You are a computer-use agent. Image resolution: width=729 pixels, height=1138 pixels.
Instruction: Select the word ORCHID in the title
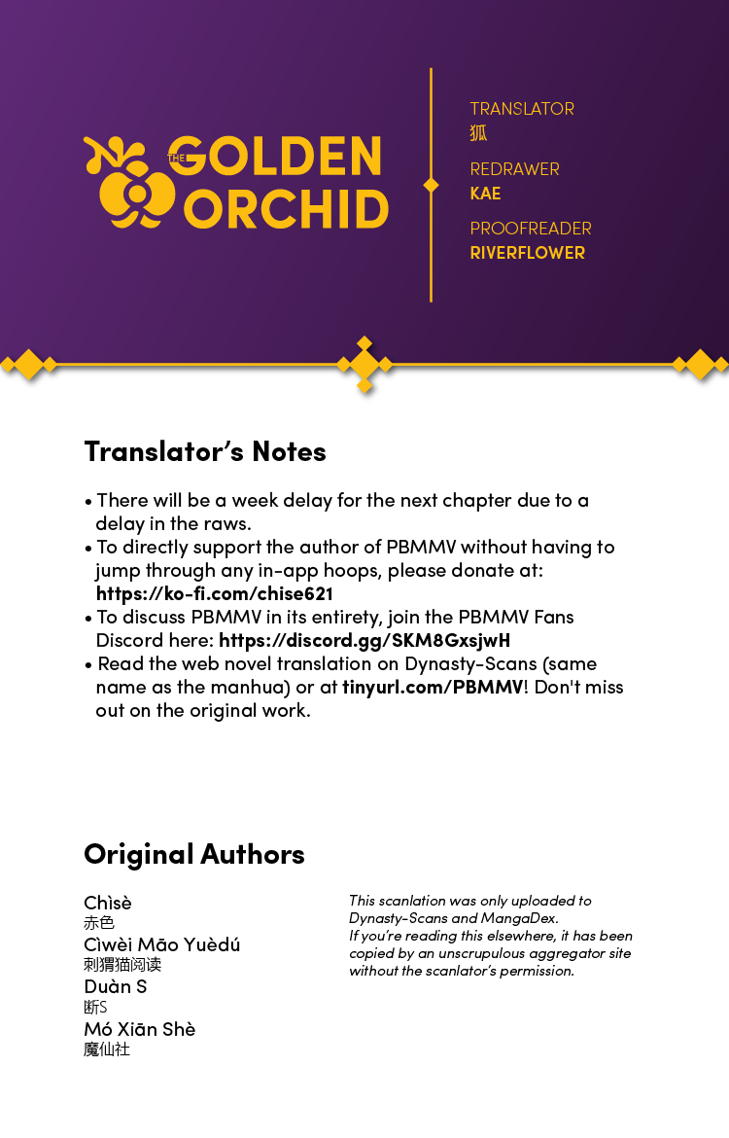coord(287,207)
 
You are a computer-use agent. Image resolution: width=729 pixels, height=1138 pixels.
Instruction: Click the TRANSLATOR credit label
coord(522,109)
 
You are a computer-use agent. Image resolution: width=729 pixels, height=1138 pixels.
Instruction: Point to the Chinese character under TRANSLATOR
coord(478,133)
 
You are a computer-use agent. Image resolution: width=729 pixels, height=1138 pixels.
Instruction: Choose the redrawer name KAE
coord(485,194)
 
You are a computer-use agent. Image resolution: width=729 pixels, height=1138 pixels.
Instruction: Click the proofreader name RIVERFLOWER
coord(527,253)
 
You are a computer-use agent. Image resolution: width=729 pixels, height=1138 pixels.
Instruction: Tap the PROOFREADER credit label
coord(531,229)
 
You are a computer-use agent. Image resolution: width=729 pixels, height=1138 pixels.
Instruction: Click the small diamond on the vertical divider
coord(431,185)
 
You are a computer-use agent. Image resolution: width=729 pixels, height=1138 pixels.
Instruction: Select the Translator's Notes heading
coord(205,451)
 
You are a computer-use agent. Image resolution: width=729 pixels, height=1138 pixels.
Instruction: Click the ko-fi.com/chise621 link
coord(215,593)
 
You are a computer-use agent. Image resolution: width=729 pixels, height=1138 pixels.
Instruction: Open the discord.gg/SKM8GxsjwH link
coord(364,640)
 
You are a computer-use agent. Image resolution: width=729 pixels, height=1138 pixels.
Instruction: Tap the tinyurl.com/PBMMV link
coord(432,687)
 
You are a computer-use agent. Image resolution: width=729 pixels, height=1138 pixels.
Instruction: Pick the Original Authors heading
coord(194,854)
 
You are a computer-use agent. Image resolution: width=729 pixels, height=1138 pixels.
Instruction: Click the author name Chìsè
coord(108,903)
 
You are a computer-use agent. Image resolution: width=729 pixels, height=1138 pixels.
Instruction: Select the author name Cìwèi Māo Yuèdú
coord(162,944)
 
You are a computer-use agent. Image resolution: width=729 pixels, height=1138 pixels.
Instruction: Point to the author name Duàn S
coord(116,986)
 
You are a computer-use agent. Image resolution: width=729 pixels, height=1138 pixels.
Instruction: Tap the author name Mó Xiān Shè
coord(140,1029)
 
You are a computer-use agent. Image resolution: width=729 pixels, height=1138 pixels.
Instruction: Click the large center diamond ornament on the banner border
coord(364,365)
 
